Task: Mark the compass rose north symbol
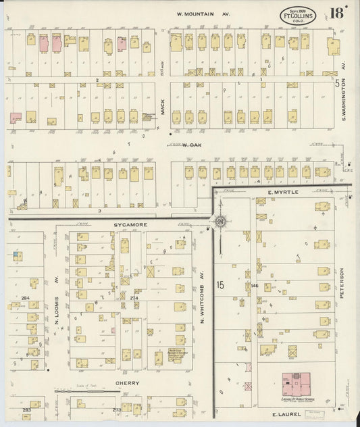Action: click(x=221, y=222)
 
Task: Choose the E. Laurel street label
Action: click(x=285, y=413)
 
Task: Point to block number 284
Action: click(x=26, y=297)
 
